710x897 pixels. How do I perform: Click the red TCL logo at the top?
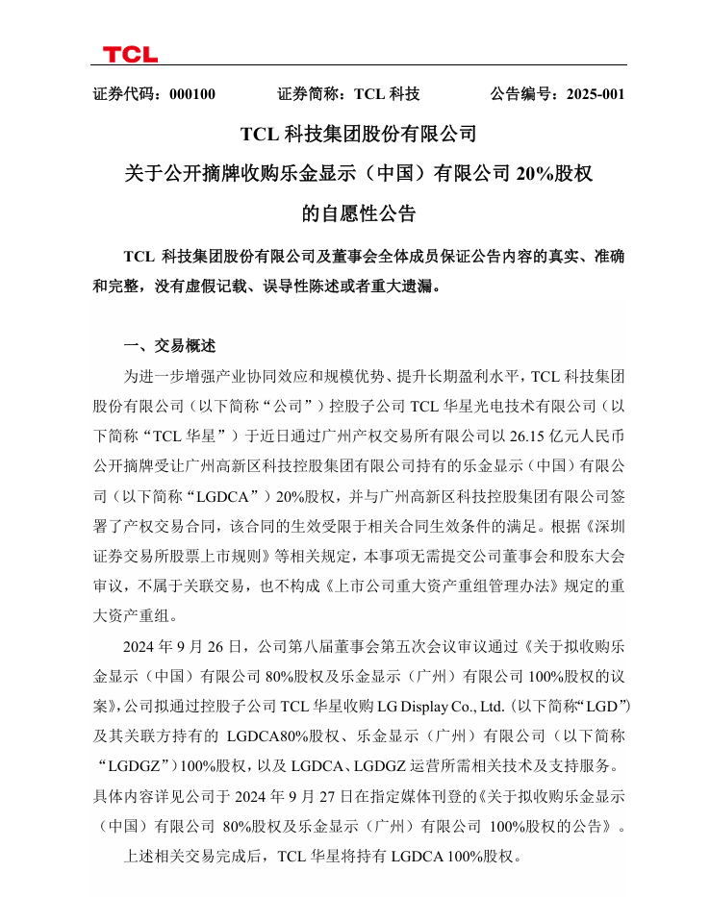coord(130,54)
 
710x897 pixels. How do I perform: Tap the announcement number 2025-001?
coord(596,94)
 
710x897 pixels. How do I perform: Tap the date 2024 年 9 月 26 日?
coord(186,643)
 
